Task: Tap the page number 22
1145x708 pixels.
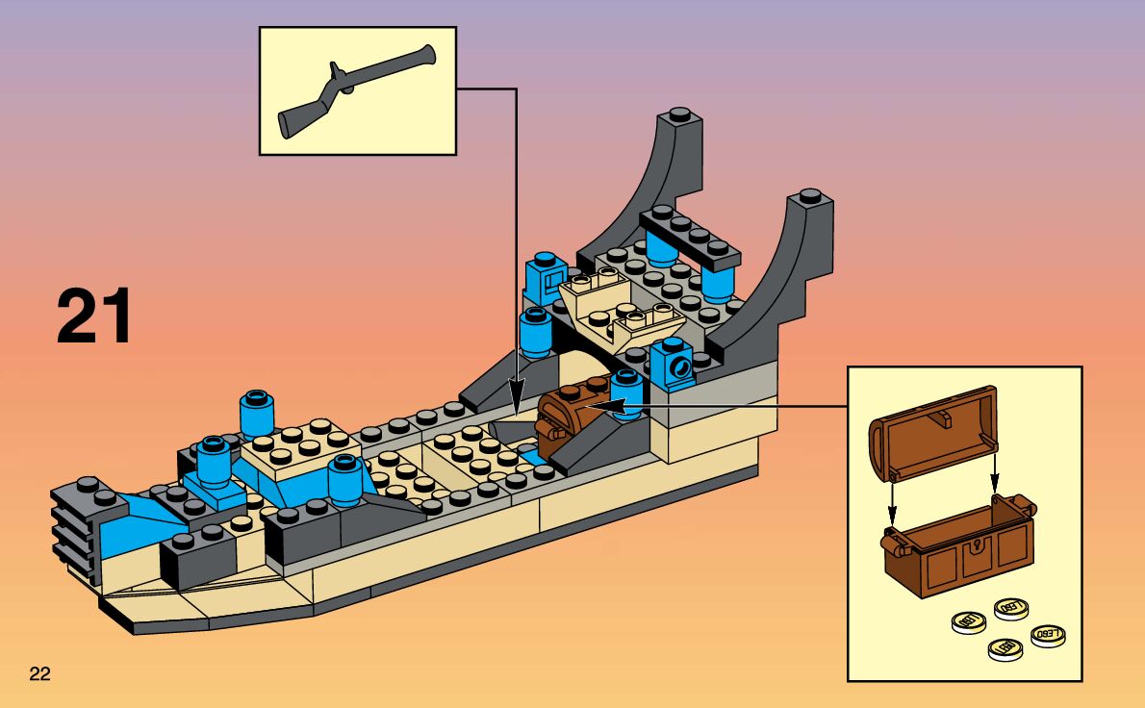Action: pos(39,671)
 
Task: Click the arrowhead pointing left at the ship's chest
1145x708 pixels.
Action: pos(585,408)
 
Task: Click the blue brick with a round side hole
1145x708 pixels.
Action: pos(673,366)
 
